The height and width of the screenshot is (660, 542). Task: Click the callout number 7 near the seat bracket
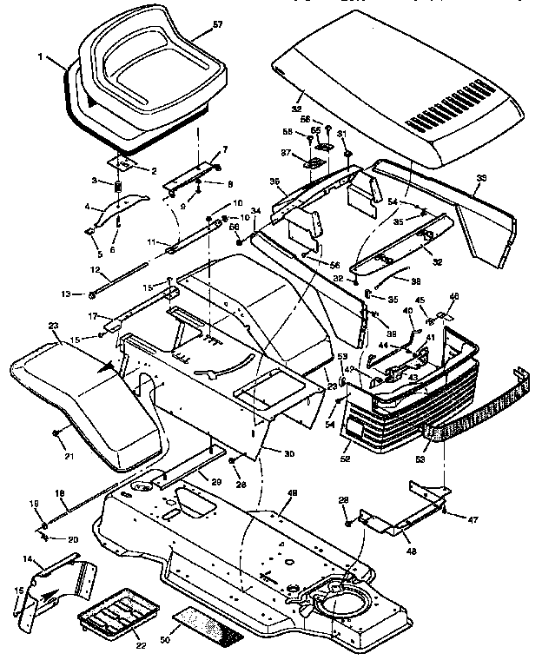tap(225, 150)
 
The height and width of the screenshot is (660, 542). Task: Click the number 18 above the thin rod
tap(60, 493)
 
